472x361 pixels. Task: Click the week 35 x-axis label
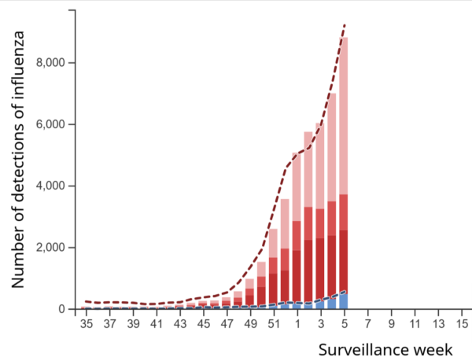[87, 324]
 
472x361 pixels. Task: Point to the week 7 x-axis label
[367, 324]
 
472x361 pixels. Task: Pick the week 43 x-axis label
[179, 324]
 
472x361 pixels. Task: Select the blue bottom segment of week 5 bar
[344, 301]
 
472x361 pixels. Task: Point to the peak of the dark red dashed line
[345, 25]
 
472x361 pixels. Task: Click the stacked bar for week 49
[249, 294]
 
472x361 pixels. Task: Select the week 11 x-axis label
[414, 324]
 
